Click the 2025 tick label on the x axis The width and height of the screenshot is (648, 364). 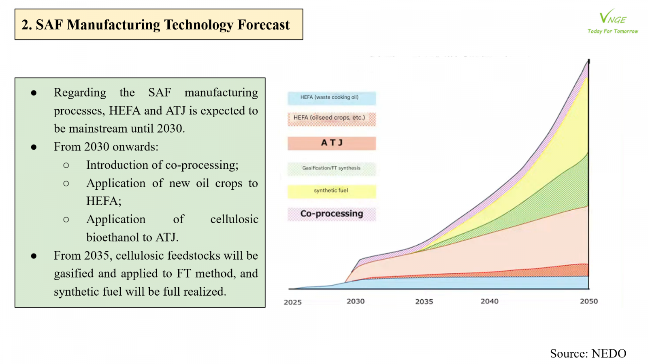click(292, 302)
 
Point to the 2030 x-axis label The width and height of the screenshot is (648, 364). click(356, 301)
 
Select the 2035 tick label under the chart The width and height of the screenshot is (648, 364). click(424, 302)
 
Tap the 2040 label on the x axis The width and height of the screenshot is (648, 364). click(489, 301)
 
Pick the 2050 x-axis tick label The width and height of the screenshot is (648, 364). click(589, 301)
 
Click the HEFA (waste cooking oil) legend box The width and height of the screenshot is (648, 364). click(332, 98)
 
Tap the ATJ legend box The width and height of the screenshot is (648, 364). click(332, 143)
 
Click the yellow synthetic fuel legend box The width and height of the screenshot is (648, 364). click(332, 191)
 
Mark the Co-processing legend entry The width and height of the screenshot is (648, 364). click(332, 214)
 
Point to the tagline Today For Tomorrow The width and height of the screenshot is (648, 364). click(613, 31)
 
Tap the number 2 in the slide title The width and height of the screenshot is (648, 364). click(25, 25)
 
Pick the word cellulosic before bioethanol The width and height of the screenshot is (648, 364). click(234, 219)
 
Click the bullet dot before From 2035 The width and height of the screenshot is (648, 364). click(34, 256)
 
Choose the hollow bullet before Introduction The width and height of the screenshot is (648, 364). click(66, 165)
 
